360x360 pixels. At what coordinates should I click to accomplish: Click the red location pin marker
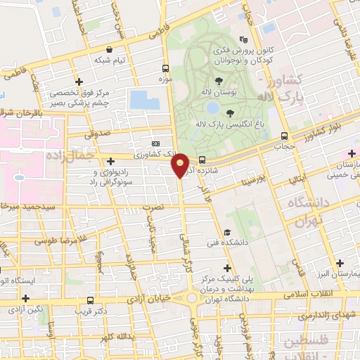[x=181, y=165]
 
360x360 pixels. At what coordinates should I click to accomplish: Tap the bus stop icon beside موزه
[x=165, y=69]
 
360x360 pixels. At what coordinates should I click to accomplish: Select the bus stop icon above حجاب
[x=284, y=136]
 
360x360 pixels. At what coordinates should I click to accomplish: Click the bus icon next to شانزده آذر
[x=202, y=159]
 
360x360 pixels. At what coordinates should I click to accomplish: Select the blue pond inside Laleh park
[x=212, y=108]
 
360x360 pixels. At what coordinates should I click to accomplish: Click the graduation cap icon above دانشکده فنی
[x=226, y=233]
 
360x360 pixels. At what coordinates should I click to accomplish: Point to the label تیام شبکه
[x=112, y=60]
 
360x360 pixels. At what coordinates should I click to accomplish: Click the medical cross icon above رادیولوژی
[x=111, y=162]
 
